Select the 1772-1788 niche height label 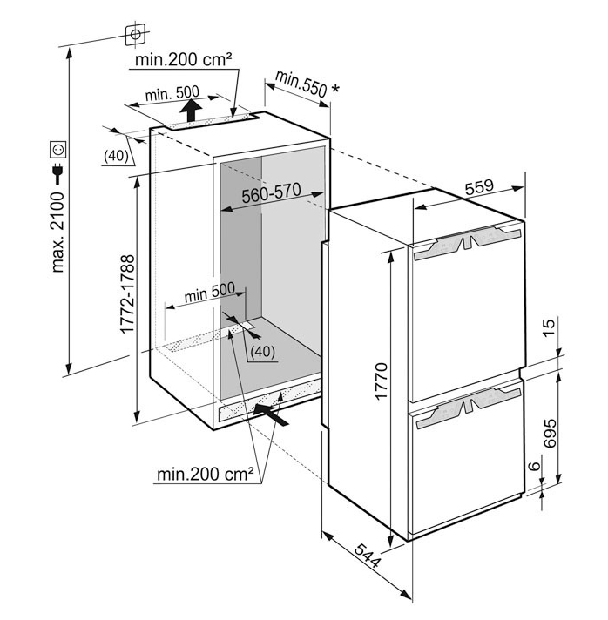(x=125, y=296)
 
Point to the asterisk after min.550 (x=335, y=88)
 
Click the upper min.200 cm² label (x=184, y=60)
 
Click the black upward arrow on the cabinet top (x=189, y=110)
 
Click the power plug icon (x=58, y=168)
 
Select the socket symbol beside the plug (x=58, y=146)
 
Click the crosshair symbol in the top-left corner (x=135, y=34)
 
